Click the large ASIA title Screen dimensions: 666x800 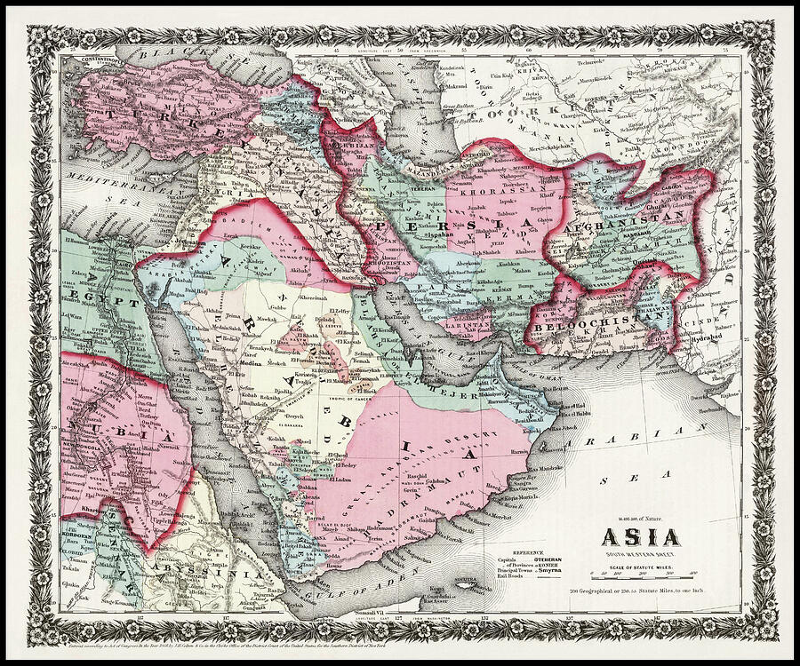click(640, 536)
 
